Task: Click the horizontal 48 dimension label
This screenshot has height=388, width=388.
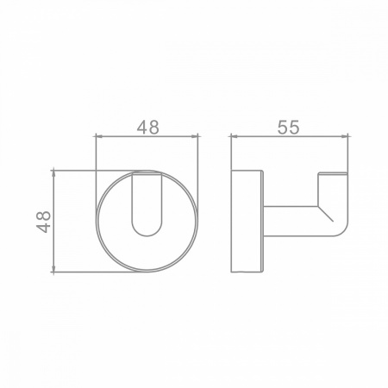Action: [147, 128]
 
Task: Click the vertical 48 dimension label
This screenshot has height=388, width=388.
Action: [43, 222]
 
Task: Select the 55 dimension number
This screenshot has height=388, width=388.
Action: [289, 128]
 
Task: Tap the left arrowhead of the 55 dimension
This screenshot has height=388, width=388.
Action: [235, 136]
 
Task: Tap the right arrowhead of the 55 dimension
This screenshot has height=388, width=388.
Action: [344, 136]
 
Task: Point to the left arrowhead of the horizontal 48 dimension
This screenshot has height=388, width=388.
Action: [99, 136]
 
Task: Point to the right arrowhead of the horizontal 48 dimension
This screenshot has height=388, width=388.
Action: [195, 136]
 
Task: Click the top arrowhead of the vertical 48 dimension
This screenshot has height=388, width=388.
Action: [53, 174]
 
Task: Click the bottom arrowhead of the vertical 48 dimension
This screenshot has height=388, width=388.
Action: [53, 268]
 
